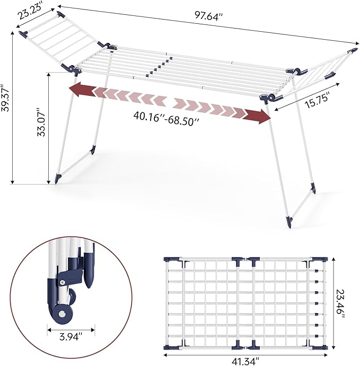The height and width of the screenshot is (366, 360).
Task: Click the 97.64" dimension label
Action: click(x=207, y=16)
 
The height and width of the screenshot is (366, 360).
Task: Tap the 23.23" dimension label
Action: click(x=30, y=11)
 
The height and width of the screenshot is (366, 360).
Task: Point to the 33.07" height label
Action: click(x=41, y=122)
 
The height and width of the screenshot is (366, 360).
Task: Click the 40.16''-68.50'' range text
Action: click(x=166, y=119)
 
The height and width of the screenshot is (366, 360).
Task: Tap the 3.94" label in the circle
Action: click(x=71, y=337)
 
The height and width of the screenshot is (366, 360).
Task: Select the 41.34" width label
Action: click(x=245, y=361)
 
